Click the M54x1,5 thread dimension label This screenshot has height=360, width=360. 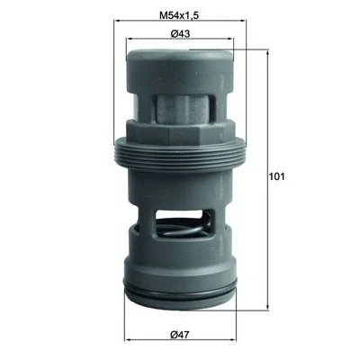(x=179, y=15)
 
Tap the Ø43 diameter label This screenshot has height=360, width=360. (x=180, y=33)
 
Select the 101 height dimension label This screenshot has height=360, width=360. (x=276, y=176)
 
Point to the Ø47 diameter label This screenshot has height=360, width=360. (x=180, y=335)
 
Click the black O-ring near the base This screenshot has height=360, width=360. (x=180, y=289)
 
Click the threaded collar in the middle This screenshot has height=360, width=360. (x=180, y=155)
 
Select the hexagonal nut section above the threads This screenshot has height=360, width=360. (x=180, y=133)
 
